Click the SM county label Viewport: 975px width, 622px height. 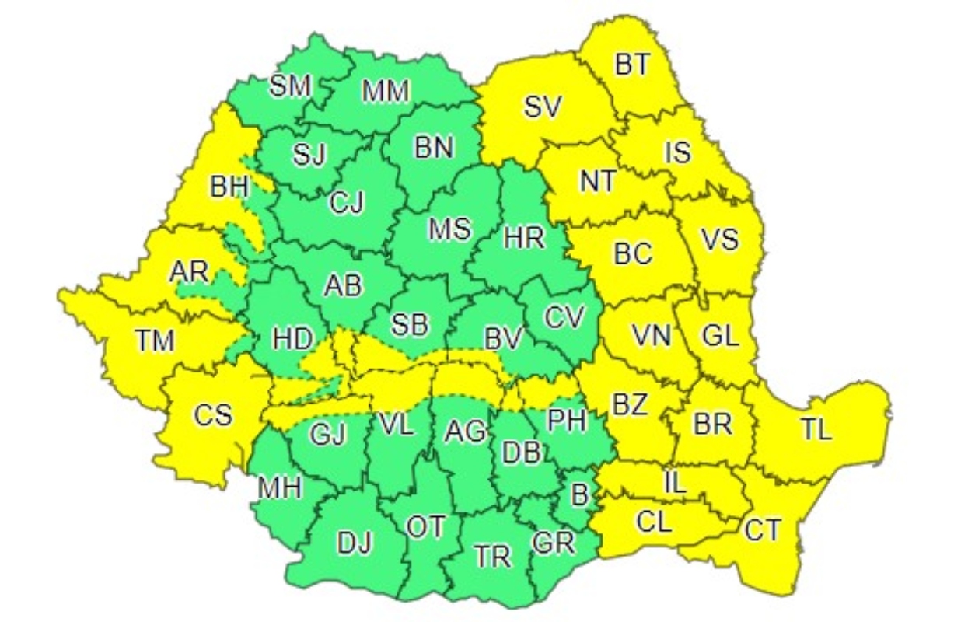290,86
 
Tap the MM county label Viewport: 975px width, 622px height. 386,93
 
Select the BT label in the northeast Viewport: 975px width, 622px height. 631,65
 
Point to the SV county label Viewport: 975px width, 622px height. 542,108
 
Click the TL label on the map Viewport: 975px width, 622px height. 816,429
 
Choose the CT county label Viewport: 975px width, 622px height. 763,531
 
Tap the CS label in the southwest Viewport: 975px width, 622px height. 213,415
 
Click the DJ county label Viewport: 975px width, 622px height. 355,542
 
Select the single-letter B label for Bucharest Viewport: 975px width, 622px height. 579,493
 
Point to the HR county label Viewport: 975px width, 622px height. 523,238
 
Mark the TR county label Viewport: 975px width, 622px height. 493,556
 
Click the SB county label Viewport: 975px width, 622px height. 409,325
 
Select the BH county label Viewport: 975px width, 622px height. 229,187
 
